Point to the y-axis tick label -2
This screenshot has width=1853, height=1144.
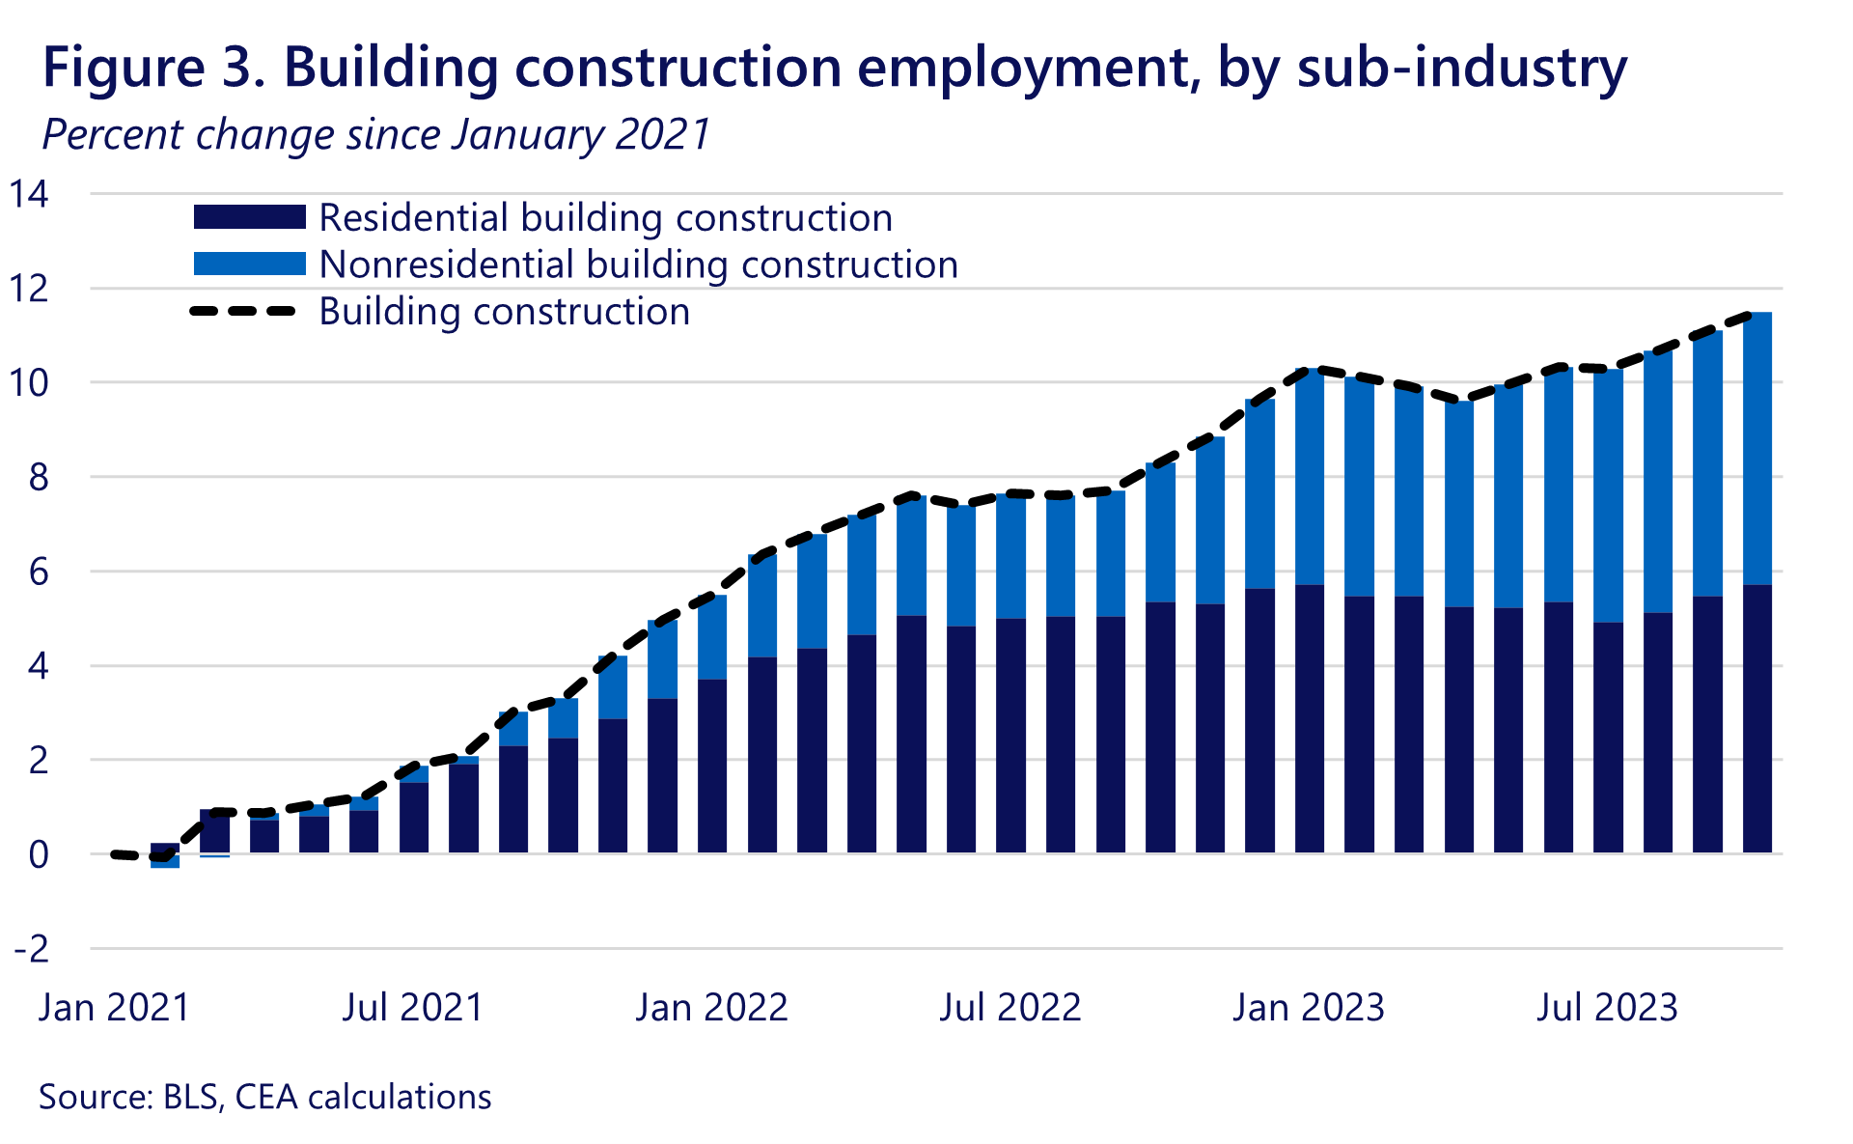(31, 950)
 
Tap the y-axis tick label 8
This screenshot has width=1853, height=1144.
(37, 478)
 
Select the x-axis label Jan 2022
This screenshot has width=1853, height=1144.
(711, 1008)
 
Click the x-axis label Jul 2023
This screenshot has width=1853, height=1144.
(1607, 1008)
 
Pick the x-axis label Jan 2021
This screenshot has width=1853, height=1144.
(114, 1008)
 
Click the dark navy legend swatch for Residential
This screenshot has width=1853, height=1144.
(249, 217)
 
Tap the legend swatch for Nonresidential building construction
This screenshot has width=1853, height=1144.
(249, 264)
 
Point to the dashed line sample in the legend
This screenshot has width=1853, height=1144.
(242, 311)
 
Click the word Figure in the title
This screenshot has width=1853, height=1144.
(122, 68)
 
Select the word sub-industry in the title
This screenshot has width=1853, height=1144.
(1462, 68)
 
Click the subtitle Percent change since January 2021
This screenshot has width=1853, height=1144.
(376, 134)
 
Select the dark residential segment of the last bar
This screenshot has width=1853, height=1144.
(1756, 719)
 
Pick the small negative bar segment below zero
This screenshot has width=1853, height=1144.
(165, 861)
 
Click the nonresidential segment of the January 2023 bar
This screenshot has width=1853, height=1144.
(1310, 478)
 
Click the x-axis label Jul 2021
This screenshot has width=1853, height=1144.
(413, 1008)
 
